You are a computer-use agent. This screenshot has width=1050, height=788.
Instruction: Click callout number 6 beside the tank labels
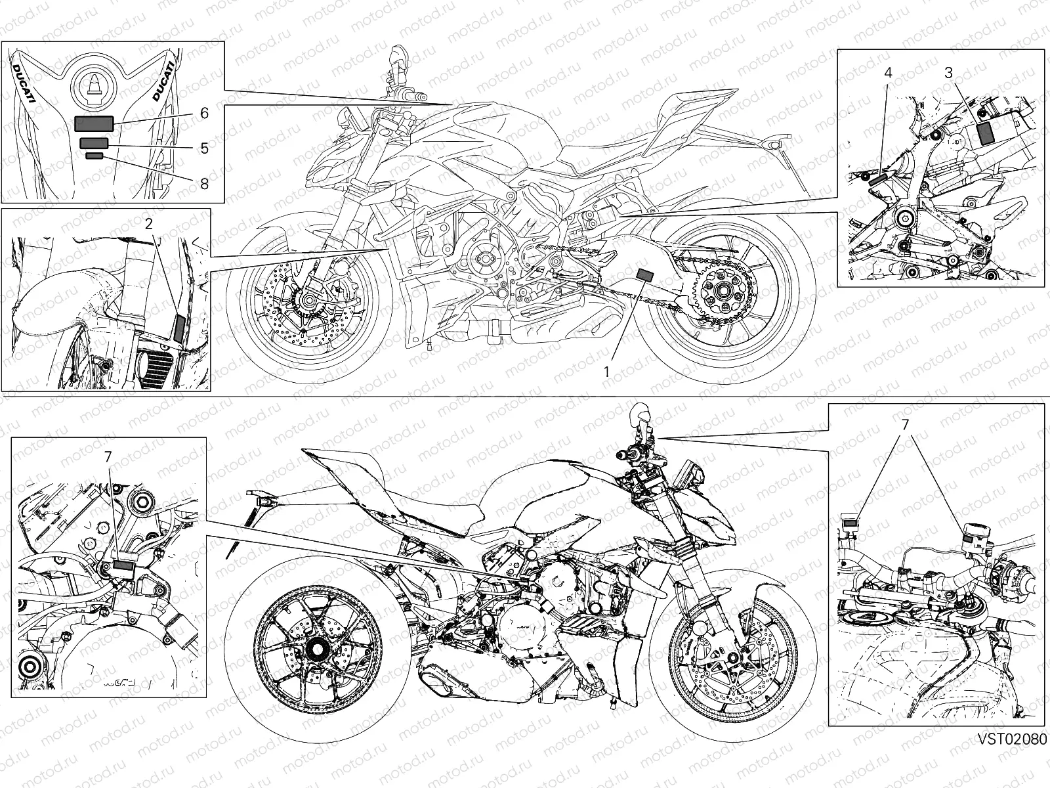(x=204, y=114)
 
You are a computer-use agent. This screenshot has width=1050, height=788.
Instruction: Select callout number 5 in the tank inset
(x=204, y=148)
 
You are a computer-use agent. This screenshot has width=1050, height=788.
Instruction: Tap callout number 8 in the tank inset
(x=204, y=184)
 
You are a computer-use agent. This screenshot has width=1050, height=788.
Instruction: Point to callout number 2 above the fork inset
(x=149, y=223)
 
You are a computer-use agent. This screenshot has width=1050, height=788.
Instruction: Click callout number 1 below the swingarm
(x=606, y=371)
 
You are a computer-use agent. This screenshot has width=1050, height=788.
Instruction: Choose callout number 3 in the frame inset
(x=948, y=73)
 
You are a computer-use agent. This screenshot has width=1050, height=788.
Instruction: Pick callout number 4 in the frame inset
(x=888, y=73)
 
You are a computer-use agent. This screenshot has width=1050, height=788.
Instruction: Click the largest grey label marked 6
(x=94, y=123)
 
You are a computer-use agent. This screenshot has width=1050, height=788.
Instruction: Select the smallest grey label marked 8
(x=94, y=156)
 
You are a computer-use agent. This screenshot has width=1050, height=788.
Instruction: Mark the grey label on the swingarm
(x=645, y=276)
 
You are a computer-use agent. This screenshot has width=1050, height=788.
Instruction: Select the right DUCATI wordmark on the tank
(x=163, y=80)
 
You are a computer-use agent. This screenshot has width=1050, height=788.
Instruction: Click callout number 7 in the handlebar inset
(x=904, y=426)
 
